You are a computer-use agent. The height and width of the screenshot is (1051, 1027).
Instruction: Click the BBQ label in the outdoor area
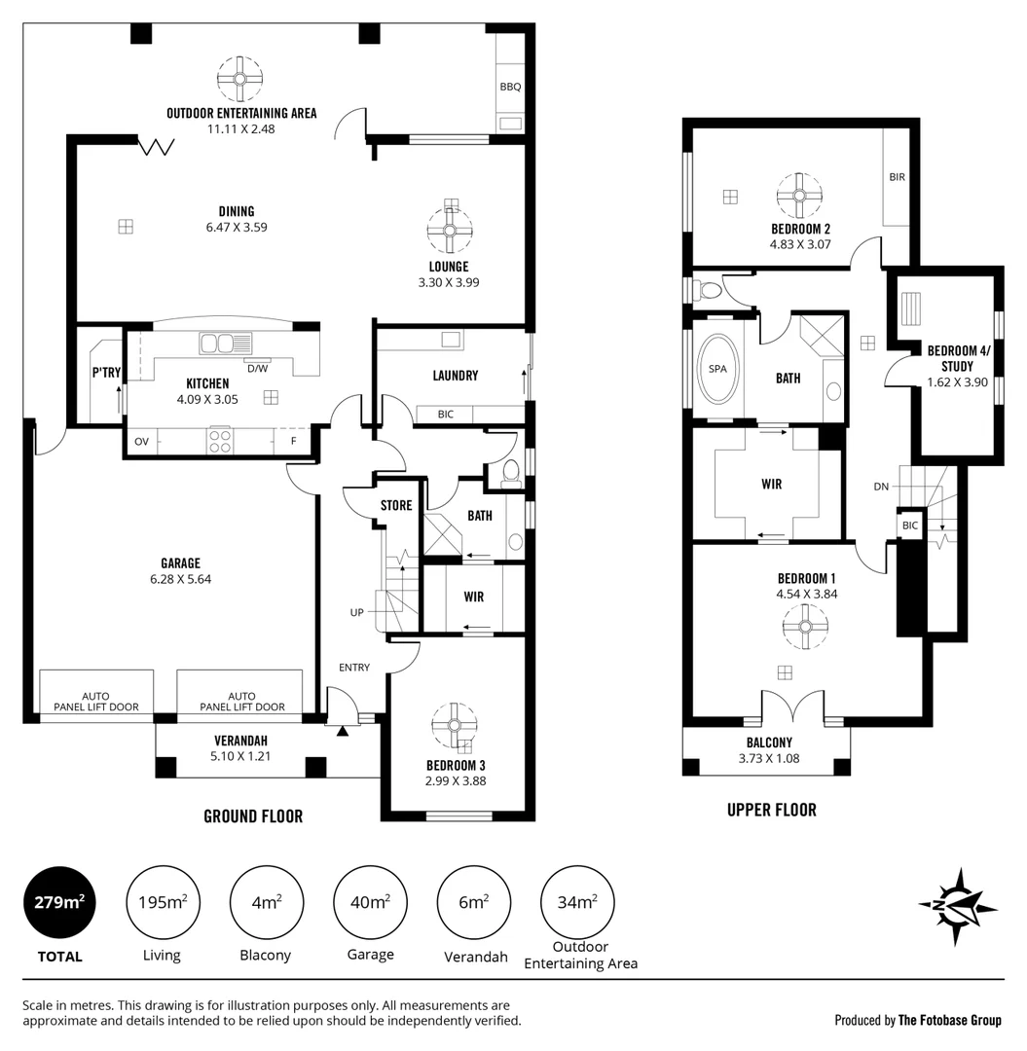tap(510, 87)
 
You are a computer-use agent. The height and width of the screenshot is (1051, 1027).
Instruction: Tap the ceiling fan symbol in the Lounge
tap(450, 231)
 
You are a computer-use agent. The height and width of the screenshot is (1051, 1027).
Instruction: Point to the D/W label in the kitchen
tap(258, 368)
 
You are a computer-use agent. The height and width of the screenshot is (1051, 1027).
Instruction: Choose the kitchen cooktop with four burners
tap(220, 441)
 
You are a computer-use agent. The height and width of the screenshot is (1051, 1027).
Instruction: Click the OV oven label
tap(141, 442)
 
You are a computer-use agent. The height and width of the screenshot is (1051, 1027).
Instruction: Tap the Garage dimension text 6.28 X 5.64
tap(181, 578)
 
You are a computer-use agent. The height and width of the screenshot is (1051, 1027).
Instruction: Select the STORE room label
tap(396, 505)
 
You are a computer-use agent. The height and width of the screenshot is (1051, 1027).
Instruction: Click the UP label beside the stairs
tap(357, 612)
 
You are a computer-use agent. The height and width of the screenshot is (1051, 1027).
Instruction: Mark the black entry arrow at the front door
tap(342, 730)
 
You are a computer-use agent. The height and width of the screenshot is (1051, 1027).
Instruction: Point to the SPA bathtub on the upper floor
tap(719, 369)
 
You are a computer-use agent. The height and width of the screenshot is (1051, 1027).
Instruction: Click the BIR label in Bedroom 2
tap(897, 177)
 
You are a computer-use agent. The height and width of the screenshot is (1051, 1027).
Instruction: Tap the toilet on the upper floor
tap(708, 290)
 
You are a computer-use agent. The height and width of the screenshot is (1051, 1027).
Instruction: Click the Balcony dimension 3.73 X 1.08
tap(768, 758)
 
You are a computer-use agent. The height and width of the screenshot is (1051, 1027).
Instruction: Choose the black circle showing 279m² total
tap(60, 902)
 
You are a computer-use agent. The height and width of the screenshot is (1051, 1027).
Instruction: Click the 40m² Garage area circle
tap(369, 902)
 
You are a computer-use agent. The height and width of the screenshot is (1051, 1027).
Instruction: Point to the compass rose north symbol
tap(957, 905)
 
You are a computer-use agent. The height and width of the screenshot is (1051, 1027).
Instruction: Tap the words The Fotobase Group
tap(949, 1020)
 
